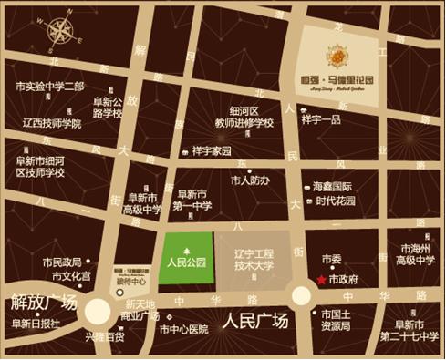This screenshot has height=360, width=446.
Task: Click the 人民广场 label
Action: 254,321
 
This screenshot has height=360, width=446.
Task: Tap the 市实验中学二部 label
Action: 50,87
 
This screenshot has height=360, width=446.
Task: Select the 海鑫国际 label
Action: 334,187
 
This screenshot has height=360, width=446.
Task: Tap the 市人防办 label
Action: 250,180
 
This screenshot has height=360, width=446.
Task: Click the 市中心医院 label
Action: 190,329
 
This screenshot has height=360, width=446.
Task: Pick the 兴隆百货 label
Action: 105,336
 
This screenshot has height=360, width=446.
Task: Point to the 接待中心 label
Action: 130,281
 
